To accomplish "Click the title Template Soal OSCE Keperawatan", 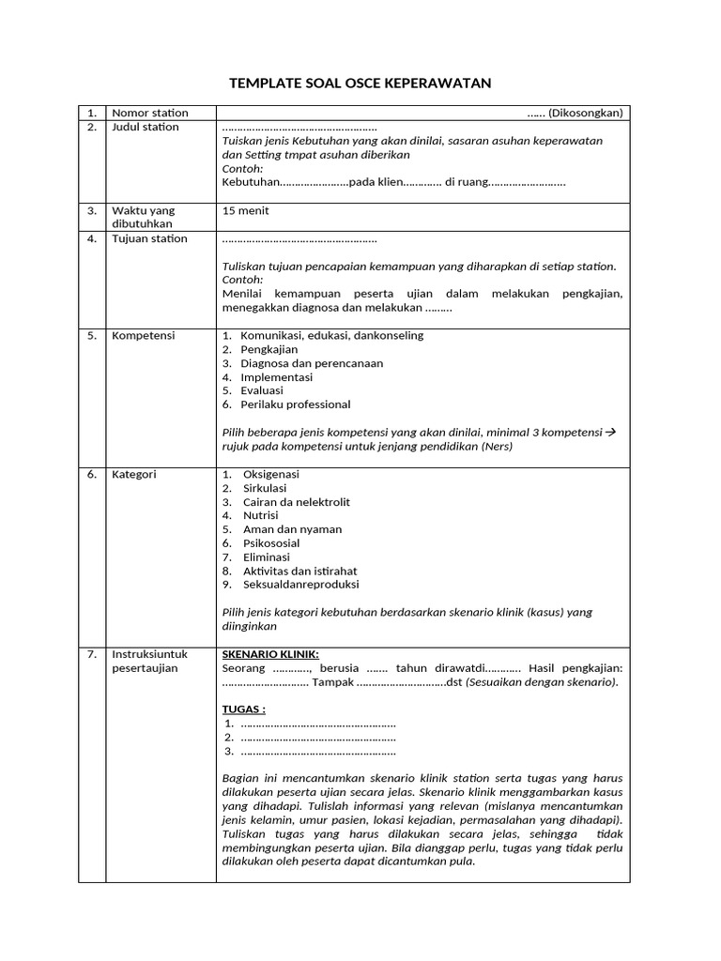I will pyautogui.click(x=360, y=84).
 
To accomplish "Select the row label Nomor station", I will pyautogui.click(x=150, y=114).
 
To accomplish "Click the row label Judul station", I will pyautogui.click(x=146, y=128).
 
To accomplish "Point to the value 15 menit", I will pyautogui.click(x=246, y=211).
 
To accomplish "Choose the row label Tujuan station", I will pyautogui.click(x=149, y=238).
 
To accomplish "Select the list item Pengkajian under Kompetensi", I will pyautogui.click(x=269, y=349).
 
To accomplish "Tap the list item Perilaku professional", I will pyautogui.click(x=295, y=404).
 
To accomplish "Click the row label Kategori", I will pyautogui.click(x=134, y=475).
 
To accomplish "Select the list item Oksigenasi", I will pyautogui.click(x=270, y=475).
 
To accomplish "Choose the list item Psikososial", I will pyautogui.click(x=271, y=543).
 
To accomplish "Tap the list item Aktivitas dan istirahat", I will pyautogui.click(x=299, y=571).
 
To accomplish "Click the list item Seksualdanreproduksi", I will pyautogui.click(x=300, y=585).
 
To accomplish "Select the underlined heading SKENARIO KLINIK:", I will pyautogui.click(x=269, y=654).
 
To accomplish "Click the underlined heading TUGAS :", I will pyautogui.click(x=243, y=709).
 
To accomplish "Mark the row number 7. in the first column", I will pyautogui.click(x=92, y=654).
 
